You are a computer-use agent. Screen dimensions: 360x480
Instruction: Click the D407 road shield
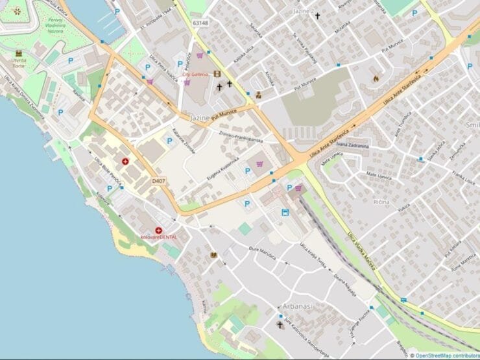click(159, 181)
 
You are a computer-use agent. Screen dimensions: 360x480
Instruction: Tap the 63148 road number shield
click(200, 23)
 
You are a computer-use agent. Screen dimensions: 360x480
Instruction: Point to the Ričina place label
click(381, 202)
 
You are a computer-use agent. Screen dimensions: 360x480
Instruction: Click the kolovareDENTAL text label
click(159, 237)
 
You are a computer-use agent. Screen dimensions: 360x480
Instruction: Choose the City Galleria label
click(195, 75)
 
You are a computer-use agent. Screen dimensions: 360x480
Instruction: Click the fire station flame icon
click(376, 78)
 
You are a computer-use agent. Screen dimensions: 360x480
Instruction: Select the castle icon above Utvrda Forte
click(18, 52)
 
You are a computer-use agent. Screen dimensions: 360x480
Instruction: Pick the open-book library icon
click(213, 256)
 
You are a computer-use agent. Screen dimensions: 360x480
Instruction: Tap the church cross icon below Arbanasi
click(280, 324)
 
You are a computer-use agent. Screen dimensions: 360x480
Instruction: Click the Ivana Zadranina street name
click(352, 146)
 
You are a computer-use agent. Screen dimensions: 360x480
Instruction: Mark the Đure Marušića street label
click(263, 253)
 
